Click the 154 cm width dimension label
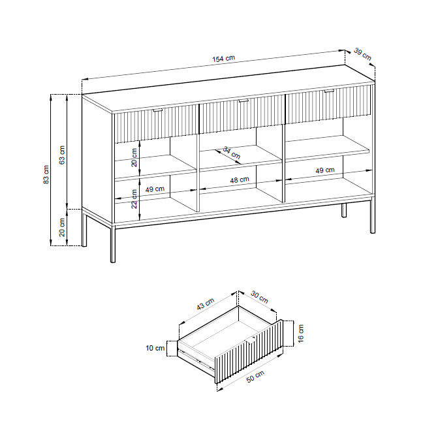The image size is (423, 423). [x=224, y=59]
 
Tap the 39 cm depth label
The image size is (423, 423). [x=362, y=54]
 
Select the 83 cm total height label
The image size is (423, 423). [x=46, y=175]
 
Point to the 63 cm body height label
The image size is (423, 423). [x=62, y=155]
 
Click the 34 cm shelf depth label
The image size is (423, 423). [x=232, y=153]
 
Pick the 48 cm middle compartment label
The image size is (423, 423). [x=240, y=180]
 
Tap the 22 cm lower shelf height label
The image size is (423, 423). [x=134, y=199]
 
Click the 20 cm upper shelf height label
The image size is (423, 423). [x=134, y=157]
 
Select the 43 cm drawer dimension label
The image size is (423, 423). [x=206, y=304]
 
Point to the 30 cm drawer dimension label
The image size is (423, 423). [x=260, y=297]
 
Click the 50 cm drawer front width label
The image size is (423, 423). [x=255, y=377]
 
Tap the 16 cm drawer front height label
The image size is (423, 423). [x=301, y=334]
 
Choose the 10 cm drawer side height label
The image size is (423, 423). [x=155, y=349]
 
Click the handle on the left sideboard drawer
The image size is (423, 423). [x=158, y=110]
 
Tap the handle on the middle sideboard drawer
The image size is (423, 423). [x=243, y=101]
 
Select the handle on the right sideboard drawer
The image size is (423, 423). [x=329, y=91]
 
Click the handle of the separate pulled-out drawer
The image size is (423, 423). [x=251, y=341]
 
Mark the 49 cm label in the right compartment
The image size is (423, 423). [x=325, y=170]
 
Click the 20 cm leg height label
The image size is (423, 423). [x=62, y=227]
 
